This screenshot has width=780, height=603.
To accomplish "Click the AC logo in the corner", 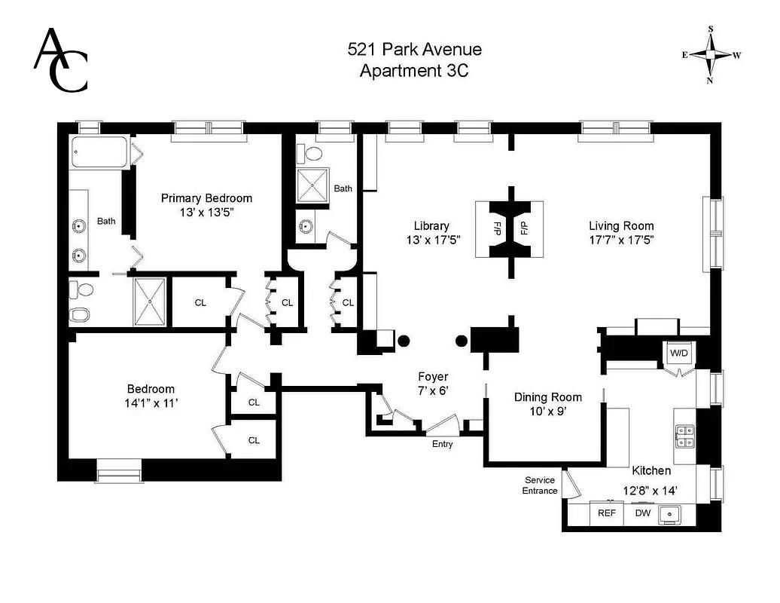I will click(x=61, y=60).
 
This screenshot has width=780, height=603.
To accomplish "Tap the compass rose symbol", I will click(x=710, y=55).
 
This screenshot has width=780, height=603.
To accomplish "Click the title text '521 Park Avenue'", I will click(x=414, y=50).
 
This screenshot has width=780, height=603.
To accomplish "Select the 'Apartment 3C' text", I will click(x=414, y=71).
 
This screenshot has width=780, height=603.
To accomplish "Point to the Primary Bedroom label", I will click(x=206, y=198).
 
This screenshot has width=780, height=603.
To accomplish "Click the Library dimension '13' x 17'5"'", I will click(x=431, y=240).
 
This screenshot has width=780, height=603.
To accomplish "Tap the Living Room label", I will click(x=621, y=225).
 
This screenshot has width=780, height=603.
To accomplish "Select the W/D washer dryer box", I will click(x=678, y=354).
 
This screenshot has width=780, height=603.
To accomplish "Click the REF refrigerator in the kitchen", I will click(x=606, y=513).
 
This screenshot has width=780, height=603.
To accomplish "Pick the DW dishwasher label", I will click(x=642, y=513).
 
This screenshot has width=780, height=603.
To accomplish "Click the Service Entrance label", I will click(x=540, y=485).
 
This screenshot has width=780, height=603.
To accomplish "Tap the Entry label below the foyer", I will click(x=442, y=444).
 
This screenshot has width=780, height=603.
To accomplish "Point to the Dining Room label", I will click(x=547, y=397).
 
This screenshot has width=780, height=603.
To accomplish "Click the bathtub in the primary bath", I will click(x=100, y=153).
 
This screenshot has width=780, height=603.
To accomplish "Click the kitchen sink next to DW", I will click(x=669, y=514).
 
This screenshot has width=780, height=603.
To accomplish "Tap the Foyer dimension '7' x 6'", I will click(x=433, y=390).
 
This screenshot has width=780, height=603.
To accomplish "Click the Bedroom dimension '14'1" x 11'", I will click(x=151, y=403).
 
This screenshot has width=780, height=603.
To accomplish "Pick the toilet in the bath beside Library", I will click(x=312, y=154).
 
